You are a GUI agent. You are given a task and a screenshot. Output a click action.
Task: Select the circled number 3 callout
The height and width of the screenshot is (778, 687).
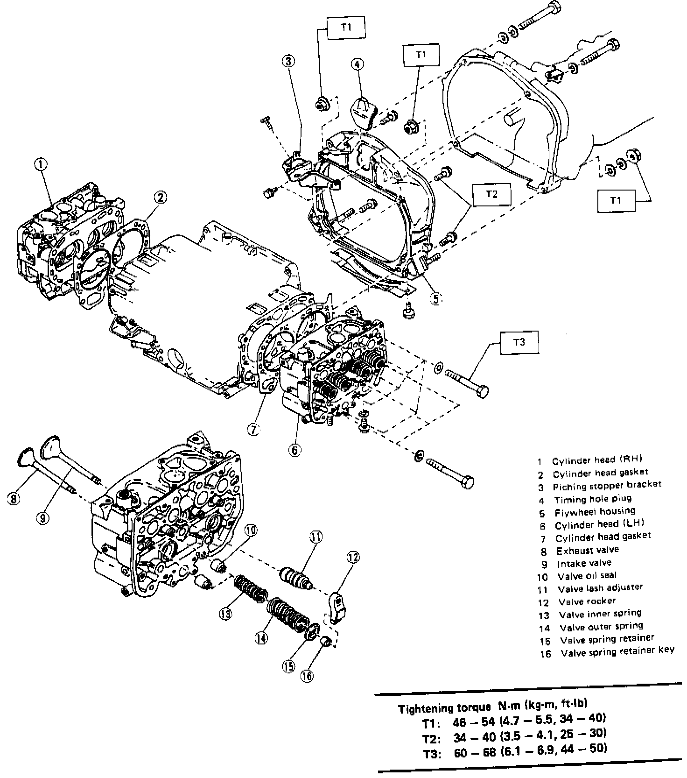tap(289, 61)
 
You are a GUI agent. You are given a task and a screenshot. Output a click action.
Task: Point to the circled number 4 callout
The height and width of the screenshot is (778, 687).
tap(358, 64)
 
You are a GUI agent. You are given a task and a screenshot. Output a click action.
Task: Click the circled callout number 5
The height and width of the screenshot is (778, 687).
tap(435, 298)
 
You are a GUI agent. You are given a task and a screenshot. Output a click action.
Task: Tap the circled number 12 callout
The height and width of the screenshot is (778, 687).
tap(353, 557)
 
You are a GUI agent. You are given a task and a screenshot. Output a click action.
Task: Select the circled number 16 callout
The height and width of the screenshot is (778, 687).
tap(307, 676)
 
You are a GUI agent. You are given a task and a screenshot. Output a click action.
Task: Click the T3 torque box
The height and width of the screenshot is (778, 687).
tap(519, 342)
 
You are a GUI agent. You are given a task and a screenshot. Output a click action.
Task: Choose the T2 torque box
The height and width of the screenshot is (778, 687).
tap(492, 194)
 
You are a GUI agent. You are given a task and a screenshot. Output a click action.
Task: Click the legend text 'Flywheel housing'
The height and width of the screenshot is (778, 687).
tap(595, 511)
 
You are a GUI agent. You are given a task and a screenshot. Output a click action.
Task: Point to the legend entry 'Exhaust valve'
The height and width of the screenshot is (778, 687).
tap(588, 550)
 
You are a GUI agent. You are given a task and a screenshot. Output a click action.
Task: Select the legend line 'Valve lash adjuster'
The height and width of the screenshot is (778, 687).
tap(600, 588)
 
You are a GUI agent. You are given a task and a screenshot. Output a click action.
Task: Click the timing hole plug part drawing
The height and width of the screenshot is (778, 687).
tap(362, 112)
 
